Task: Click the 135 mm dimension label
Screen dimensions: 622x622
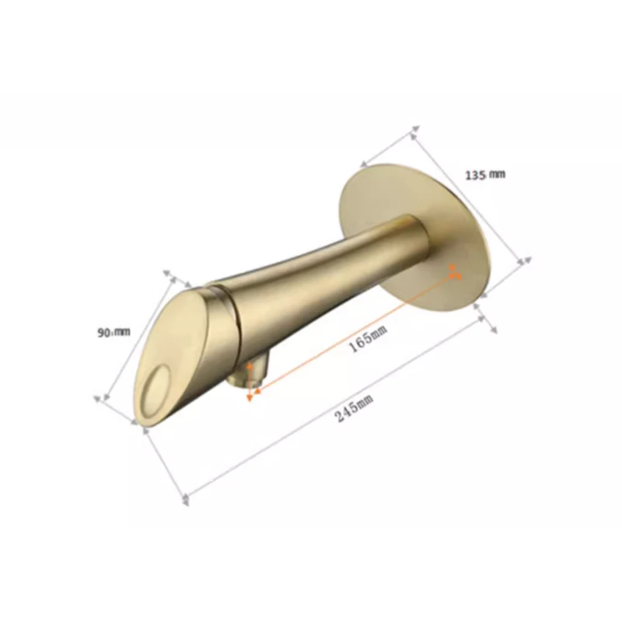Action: coord(485,175)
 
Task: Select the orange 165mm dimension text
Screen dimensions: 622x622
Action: coord(368,337)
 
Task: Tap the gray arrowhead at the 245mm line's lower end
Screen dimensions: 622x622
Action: coord(185,498)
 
